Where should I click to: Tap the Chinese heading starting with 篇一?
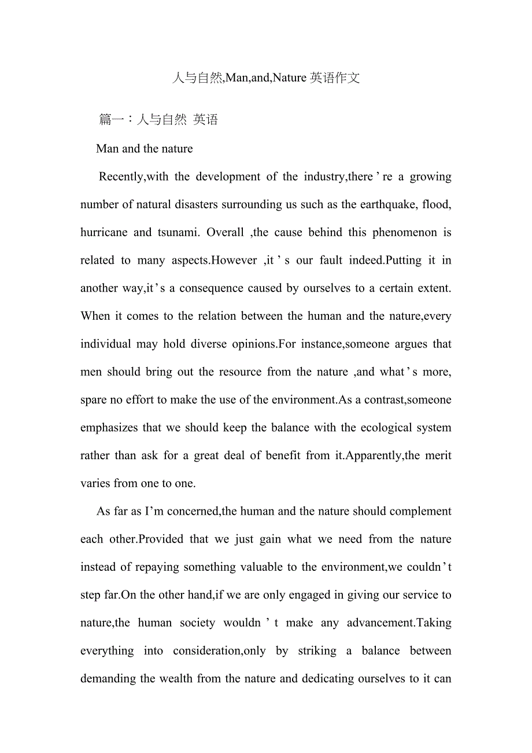tap(158, 120)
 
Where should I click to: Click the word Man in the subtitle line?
tap(108, 149)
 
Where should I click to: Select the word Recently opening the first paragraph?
tap(121, 177)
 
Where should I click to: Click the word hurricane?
tap(104, 232)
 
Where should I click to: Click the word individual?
tap(106, 344)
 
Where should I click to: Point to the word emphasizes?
tap(109, 428)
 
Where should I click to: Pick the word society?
tap(197, 623)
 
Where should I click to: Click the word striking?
tap(317, 651)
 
